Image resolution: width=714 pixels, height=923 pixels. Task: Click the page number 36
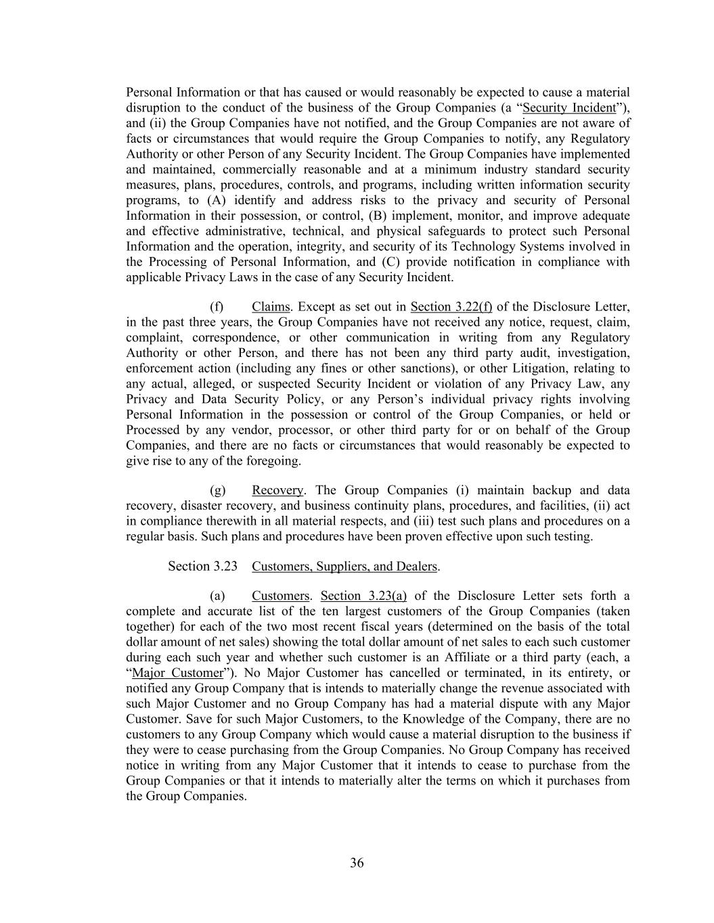357,863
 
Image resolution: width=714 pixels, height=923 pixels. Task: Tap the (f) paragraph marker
217,307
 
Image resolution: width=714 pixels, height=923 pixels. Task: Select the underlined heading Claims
270,307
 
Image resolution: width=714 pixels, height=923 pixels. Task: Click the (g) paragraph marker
217,490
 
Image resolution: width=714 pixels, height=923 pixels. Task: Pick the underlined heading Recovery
277,490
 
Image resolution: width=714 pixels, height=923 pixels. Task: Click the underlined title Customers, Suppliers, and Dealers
344,566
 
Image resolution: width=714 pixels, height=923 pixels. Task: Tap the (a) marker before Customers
217,596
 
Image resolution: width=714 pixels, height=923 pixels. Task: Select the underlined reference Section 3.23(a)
363,596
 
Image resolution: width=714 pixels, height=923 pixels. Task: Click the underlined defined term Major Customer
177,673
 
